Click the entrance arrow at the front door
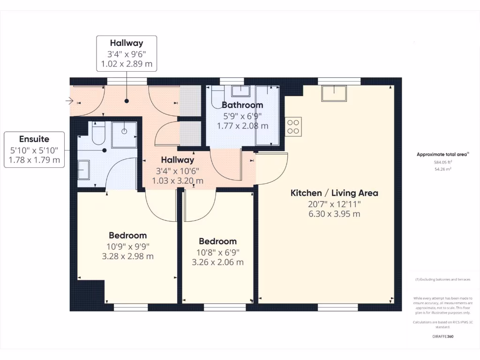[69, 100]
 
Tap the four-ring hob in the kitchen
[293, 126]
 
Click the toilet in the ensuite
[98, 134]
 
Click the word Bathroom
[242, 105]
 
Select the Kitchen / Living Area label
[334, 193]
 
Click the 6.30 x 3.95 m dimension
[334, 214]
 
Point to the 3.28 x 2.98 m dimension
[128, 256]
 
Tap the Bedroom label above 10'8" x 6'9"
[217, 241]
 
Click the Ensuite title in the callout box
[34, 139]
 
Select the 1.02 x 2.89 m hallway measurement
[127, 64]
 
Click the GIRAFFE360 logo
[443, 337]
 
